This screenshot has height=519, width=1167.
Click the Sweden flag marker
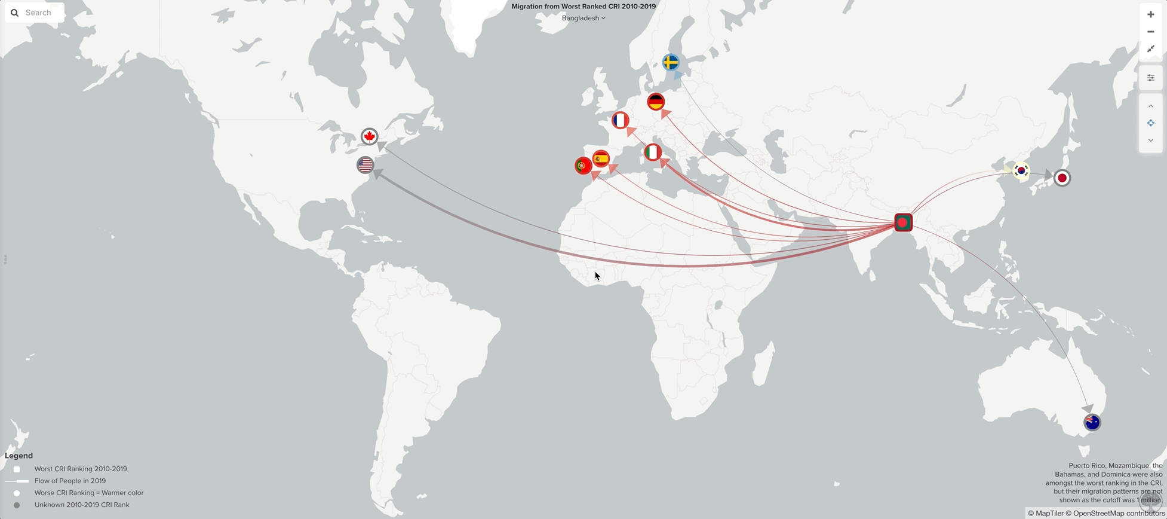coord(671,62)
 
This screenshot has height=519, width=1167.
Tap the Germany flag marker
coord(656,102)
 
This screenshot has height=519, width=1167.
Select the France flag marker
coord(621,121)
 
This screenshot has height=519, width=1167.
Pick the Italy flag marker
coord(653,152)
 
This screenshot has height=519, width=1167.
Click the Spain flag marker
coord(601,159)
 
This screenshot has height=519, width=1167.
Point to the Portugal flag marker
coord(583,166)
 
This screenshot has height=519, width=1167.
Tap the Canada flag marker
coord(370,137)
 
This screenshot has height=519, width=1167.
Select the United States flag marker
coord(365,164)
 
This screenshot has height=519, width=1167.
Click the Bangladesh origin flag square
coord(903,222)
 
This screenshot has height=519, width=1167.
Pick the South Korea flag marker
coord(1021,171)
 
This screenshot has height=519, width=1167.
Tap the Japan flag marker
coord(1062,178)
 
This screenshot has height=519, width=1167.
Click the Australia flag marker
coord(1092,422)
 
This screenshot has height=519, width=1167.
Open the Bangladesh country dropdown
coord(583,18)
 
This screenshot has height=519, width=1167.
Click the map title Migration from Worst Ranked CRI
coord(583,6)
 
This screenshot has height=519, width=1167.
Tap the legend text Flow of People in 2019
coord(70,481)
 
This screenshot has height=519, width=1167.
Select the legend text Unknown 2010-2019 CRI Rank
coord(82,505)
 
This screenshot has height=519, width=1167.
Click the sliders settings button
coord(1150,78)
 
